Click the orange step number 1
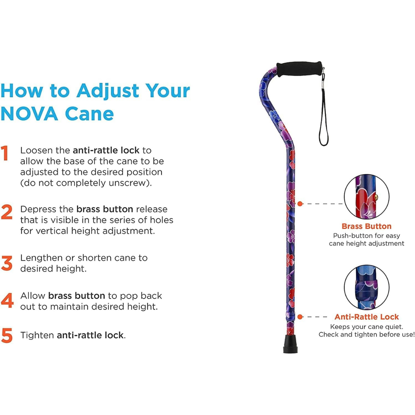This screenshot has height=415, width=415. click(5, 153)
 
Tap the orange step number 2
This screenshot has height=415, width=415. click(7, 212)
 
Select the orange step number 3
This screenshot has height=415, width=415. click(7, 263)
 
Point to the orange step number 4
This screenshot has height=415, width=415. click(7, 300)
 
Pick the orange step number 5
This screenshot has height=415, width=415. click(7, 335)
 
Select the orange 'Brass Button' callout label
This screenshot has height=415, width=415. click(366, 226)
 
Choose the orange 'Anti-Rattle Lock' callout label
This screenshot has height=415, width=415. click(366, 317)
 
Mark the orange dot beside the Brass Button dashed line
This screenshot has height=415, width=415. click(300, 203)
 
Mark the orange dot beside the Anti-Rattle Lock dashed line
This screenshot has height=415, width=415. click(300, 317)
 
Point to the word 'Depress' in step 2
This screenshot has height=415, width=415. click(37, 209)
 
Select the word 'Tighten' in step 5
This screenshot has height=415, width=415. click(37, 335)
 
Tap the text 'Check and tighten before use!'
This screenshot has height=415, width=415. click(366, 335)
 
